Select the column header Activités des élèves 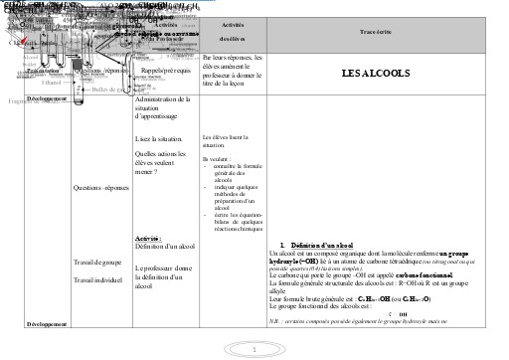tap(231, 31)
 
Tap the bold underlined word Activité tap(147, 239)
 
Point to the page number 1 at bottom tap(254, 349)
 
